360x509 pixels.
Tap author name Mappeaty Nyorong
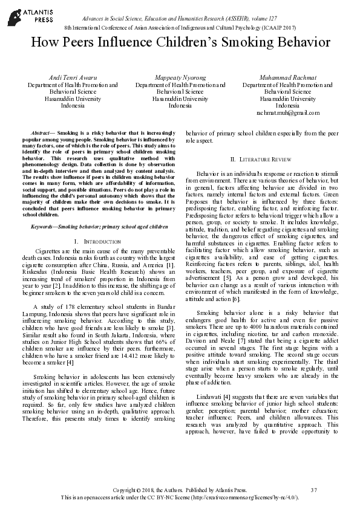pos(180,78)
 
